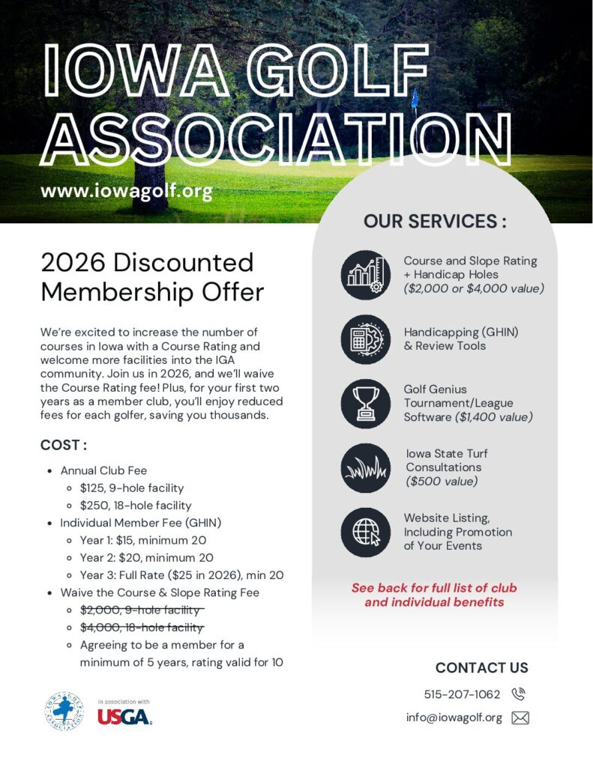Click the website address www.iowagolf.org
[x=127, y=191]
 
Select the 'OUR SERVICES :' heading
[x=435, y=222]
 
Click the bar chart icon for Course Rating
[x=366, y=275]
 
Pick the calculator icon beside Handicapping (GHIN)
[x=366, y=339]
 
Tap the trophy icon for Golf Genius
[x=366, y=404]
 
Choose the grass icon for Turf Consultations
[x=366, y=468]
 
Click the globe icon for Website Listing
[x=366, y=532]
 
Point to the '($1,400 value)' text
[x=493, y=417]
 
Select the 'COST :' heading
[x=64, y=446]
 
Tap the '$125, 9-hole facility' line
[x=131, y=488]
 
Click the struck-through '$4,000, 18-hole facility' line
[x=141, y=628]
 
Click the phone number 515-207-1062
[x=463, y=694]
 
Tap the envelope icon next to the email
[x=520, y=718]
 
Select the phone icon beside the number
[x=519, y=694]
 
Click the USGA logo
[x=124, y=716]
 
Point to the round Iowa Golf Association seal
[x=64, y=712]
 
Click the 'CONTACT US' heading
[x=481, y=667]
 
